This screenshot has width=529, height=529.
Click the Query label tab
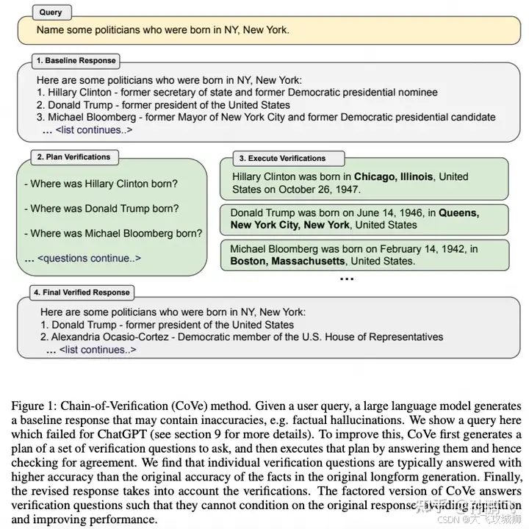coord(51,12)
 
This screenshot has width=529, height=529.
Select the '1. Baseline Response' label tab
coord(76,60)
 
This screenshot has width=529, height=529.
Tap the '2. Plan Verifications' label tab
coord(73,156)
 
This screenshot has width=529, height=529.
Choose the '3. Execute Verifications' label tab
coord(281,158)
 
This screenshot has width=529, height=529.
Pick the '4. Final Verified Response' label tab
coord(82,292)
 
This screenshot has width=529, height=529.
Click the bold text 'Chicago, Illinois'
coord(393,177)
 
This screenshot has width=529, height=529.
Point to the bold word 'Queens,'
coord(459,213)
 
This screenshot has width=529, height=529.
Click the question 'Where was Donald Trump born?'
coord(104,209)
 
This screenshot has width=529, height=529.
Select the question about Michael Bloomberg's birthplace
coord(116,234)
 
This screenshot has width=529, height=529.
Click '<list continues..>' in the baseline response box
coord(94,130)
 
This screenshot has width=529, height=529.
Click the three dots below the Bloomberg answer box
coord(347,279)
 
